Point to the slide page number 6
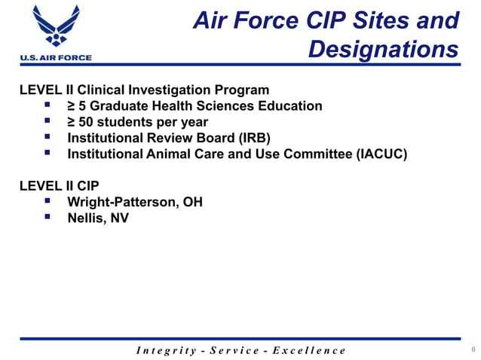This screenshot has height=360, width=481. (473, 349)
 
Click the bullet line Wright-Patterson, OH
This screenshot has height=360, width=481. (135, 203)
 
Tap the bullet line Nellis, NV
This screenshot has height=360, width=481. (98, 219)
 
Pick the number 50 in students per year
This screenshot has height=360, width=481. (87, 122)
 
